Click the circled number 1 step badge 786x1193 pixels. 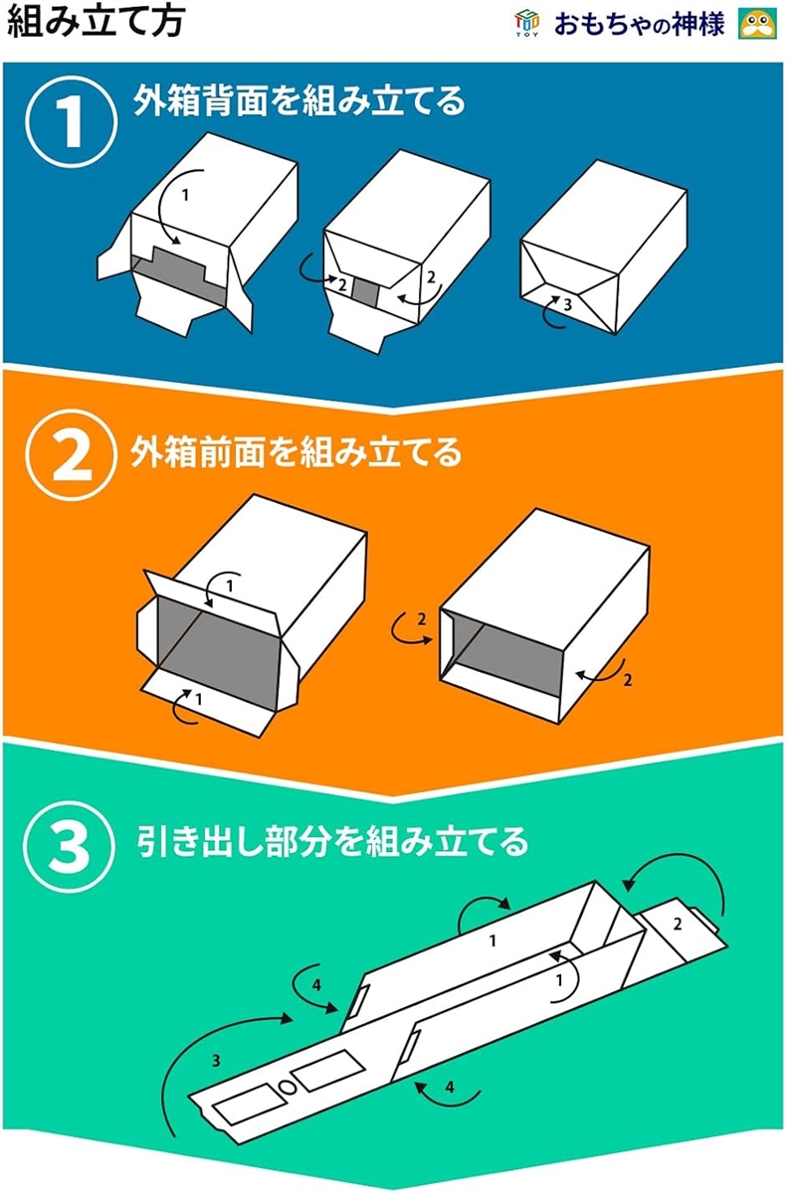[72, 122]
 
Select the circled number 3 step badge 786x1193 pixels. [70, 847]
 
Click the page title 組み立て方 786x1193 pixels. [97, 23]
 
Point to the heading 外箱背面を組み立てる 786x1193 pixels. [298, 100]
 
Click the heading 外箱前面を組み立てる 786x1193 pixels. [296, 452]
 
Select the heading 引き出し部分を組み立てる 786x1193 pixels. [332, 841]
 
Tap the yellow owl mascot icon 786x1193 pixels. [757, 24]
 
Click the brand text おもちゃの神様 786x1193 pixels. [640, 25]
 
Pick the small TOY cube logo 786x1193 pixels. [527, 24]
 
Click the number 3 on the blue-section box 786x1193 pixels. [567, 304]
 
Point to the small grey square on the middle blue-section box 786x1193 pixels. [365, 292]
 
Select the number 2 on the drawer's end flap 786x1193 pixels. [678, 924]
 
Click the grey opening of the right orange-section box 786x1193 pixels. [506, 659]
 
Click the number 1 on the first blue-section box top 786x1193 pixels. [185, 196]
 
